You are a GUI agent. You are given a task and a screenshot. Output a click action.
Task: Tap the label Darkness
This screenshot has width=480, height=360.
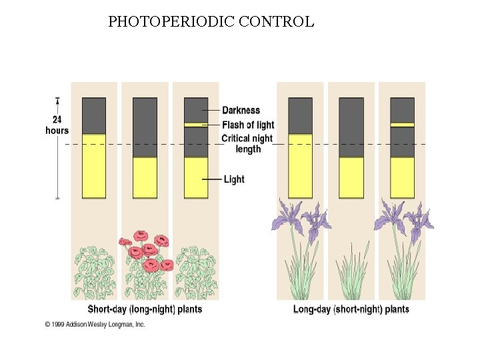(x=241, y=110)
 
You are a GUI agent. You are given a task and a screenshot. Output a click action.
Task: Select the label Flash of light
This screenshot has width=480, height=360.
(x=248, y=125)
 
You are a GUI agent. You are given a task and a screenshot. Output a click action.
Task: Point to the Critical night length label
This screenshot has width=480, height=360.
(x=247, y=143)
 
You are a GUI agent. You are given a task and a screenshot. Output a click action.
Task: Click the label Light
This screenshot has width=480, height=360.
(x=234, y=179)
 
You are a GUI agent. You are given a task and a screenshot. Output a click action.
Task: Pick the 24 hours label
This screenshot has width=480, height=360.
(x=57, y=125)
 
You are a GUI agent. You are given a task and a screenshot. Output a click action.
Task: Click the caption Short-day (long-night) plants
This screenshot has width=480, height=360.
(x=145, y=309)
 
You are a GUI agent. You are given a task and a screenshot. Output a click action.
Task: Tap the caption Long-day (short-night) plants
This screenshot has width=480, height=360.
(x=351, y=309)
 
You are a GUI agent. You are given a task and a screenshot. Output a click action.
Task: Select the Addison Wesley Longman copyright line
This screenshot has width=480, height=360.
(x=95, y=325)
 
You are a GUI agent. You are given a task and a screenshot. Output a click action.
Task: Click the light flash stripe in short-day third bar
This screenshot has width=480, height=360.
(x=196, y=125)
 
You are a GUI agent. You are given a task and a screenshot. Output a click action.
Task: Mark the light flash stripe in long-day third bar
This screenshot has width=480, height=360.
(x=402, y=125)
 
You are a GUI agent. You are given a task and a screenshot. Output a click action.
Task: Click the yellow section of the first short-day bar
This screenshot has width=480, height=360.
(x=94, y=166)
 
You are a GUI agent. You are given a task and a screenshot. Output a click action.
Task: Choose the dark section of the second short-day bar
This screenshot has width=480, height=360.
(x=145, y=127)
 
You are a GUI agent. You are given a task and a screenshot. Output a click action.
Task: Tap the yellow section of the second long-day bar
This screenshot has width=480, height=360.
(x=351, y=177)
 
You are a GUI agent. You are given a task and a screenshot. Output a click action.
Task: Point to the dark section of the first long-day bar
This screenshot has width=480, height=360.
(x=300, y=115)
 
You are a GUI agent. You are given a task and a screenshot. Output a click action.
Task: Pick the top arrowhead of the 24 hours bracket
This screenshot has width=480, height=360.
(x=58, y=101)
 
